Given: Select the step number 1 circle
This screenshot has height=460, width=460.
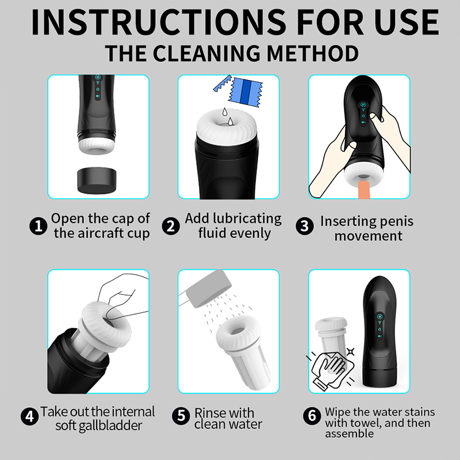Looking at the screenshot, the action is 39,226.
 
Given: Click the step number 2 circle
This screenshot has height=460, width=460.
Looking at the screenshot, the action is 171,226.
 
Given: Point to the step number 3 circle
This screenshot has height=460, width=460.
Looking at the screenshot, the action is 305,226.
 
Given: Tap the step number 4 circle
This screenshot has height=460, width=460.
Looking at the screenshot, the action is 30,416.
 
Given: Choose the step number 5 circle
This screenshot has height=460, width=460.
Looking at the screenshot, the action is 181,416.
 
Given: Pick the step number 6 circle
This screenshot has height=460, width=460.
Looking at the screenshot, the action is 312,416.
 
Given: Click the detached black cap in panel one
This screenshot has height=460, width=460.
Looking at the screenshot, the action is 97,181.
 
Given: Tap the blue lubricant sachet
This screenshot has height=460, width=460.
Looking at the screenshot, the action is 245,92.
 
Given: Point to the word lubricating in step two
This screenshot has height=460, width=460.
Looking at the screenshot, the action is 247,219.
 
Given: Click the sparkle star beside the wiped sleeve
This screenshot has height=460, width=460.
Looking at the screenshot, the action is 351,351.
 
